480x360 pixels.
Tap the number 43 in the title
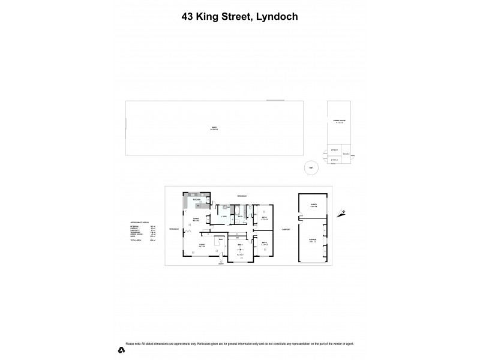[188, 17]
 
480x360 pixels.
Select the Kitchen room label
[196, 199]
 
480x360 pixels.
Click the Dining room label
[196, 220]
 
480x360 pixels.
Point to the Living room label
[203, 245]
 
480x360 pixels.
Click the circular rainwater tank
[310, 169]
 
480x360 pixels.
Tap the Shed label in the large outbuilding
[214, 127]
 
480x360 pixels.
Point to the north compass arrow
[341, 212]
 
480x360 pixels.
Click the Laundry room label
[223, 216]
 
